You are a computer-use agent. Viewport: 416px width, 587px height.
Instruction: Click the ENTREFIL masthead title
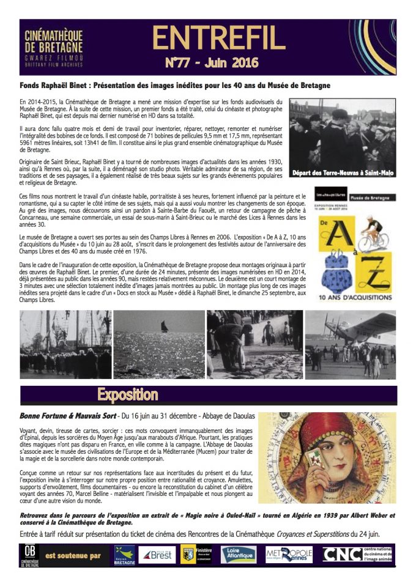[x=218, y=38]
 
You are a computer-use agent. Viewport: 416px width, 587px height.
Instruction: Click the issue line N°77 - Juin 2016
[x=212, y=63]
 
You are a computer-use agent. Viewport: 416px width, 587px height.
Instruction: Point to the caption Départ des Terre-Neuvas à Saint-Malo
[x=343, y=173]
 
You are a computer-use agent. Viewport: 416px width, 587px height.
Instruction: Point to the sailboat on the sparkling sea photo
[x=164, y=327]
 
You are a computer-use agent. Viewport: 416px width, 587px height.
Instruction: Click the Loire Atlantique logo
[x=238, y=555]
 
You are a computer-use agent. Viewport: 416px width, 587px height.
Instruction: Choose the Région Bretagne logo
[x=125, y=555]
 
